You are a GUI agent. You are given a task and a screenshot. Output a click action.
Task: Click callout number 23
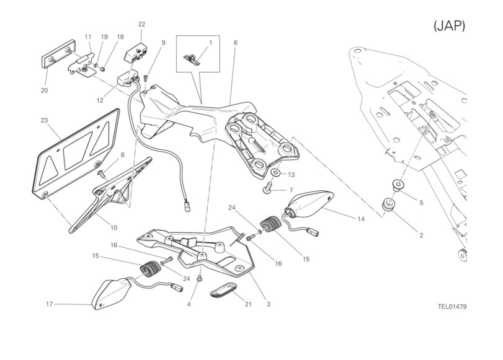(x=44, y=120)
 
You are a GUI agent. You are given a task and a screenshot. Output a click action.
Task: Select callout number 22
(x=141, y=24)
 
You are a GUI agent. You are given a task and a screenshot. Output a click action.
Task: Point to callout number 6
(x=236, y=43)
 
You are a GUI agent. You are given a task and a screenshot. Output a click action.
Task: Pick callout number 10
(x=114, y=227)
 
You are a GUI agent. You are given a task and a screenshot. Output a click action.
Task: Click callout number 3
(x=268, y=304)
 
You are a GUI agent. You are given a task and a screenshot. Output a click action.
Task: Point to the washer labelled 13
(x=275, y=173)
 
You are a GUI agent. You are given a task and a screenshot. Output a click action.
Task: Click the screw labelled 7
(x=267, y=187)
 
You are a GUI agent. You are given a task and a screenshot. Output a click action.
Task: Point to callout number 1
(x=210, y=43)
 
